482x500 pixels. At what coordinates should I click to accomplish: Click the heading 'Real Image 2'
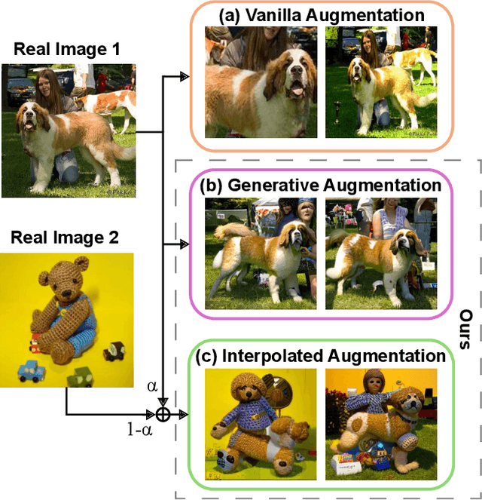(65, 238)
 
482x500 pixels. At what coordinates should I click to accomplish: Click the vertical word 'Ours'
(466, 327)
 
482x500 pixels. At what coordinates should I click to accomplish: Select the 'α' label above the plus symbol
(153, 386)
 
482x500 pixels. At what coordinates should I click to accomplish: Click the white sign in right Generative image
(429, 265)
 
